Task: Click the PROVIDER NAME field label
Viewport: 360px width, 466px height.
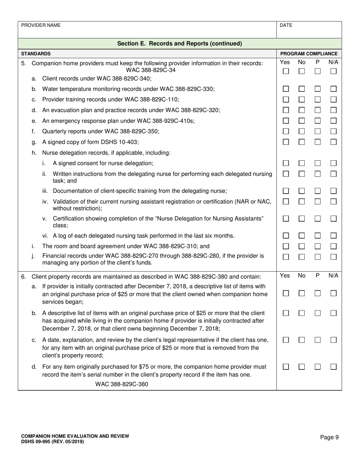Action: click(41, 25)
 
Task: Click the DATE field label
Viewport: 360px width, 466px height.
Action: click(286, 25)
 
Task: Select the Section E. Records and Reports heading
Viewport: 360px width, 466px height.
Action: click(180, 44)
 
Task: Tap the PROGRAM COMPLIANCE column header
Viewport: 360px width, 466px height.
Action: click(308, 54)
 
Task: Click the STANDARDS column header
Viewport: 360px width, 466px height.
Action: click(36, 54)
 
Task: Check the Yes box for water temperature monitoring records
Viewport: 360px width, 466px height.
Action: click(286, 89)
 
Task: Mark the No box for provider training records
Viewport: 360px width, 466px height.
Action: click(302, 100)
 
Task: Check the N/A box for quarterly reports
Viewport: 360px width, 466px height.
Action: click(333, 131)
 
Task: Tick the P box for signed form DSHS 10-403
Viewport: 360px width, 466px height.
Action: click(318, 142)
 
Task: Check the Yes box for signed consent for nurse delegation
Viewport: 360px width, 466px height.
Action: click(286, 163)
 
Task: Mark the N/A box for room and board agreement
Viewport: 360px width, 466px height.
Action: click(333, 246)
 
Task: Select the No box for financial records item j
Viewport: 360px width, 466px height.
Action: click(302, 257)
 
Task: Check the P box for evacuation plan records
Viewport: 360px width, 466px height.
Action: click(318, 110)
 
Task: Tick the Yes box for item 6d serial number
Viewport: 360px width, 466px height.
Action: click(286, 367)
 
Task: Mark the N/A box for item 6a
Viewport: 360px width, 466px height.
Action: click(333, 293)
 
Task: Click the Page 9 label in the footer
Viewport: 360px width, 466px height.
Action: click(329, 437)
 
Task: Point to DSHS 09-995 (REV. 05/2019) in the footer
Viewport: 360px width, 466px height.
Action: click(53, 442)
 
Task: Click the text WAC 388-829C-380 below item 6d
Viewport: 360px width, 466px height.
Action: click(122, 384)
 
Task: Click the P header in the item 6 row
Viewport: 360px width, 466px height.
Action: click(318, 276)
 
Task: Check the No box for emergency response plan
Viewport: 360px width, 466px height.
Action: click(302, 121)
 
